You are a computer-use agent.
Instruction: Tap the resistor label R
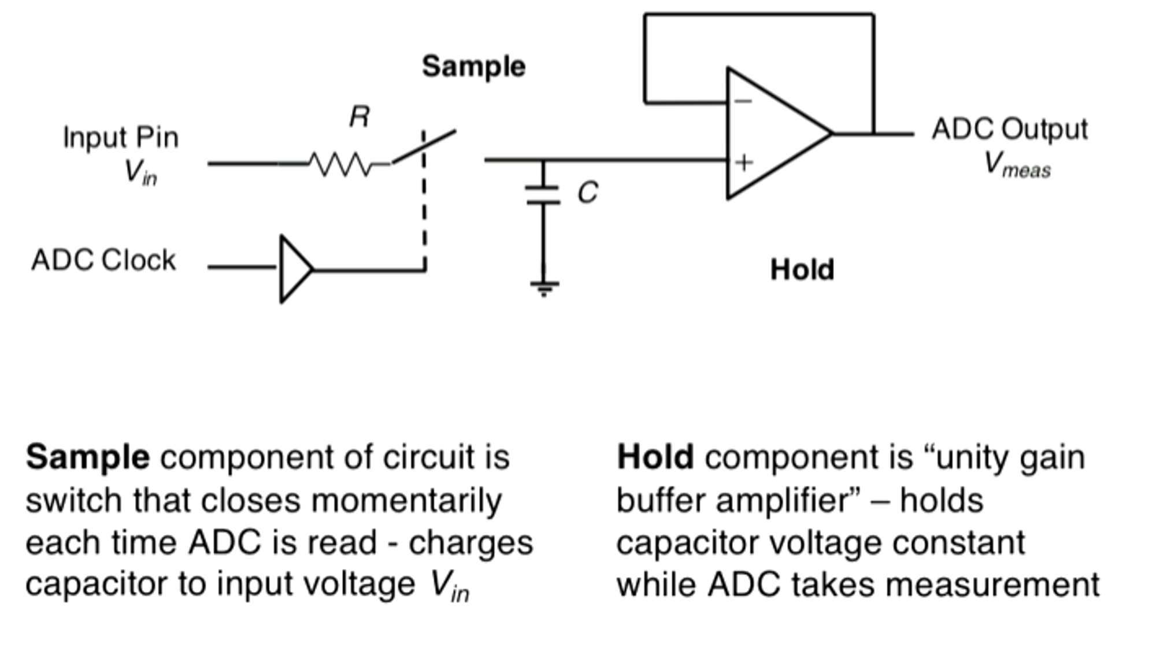tap(360, 117)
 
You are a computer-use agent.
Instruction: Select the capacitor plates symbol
tap(543, 195)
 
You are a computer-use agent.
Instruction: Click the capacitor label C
tap(588, 193)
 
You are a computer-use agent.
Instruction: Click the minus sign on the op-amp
tap(743, 101)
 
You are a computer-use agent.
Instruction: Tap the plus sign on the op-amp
tap(744, 162)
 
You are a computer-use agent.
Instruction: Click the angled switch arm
tap(424, 147)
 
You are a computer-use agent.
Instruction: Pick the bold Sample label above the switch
tap(473, 66)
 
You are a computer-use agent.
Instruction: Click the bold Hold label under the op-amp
tap(802, 269)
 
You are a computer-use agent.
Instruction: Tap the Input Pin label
tap(121, 138)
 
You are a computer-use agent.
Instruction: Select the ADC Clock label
tap(103, 260)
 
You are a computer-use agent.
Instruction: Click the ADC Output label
tap(1010, 129)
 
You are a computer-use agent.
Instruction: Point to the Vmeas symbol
tap(1017, 165)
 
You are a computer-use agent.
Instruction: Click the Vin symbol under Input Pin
tap(140, 172)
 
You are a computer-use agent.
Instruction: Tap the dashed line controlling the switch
tap(424, 200)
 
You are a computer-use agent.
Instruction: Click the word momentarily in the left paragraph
tap(406, 501)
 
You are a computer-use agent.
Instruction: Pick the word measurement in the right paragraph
tap(992, 585)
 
